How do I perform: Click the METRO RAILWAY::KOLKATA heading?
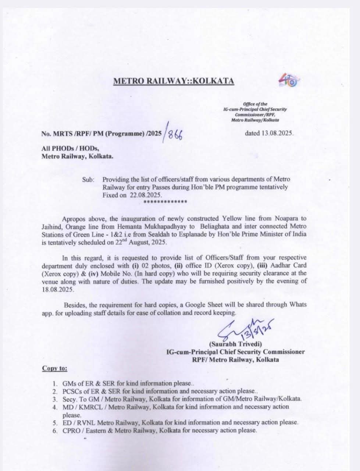(x=174, y=81)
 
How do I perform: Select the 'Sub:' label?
(x=88, y=180)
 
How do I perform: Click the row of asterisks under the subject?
(x=165, y=202)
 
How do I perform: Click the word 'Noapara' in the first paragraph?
(x=284, y=218)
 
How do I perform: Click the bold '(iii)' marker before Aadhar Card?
(x=264, y=265)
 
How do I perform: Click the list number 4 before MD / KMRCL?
(x=55, y=407)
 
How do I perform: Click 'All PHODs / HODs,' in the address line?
(x=69, y=148)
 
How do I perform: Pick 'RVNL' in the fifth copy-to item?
(x=85, y=422)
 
